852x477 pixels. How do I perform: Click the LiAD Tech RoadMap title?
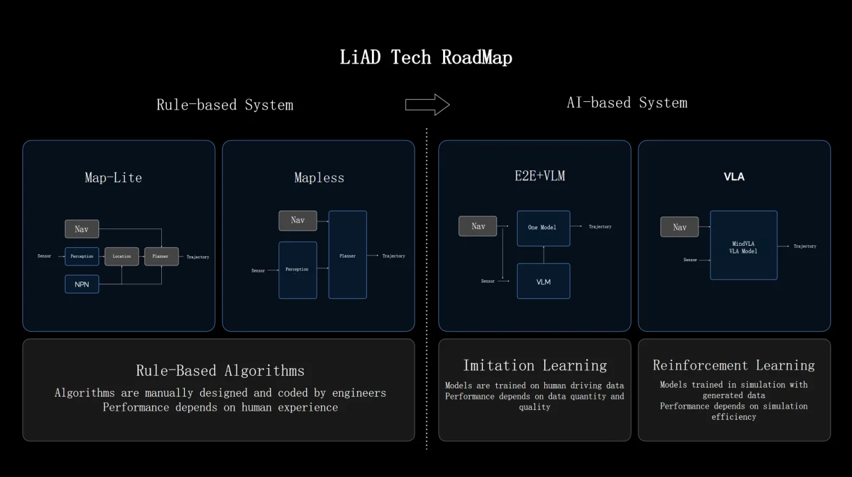click(426, 57)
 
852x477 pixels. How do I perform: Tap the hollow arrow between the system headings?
click(427, 105)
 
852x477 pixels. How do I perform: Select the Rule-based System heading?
click(225, 105)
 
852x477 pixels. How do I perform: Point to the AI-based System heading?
click(627, 103)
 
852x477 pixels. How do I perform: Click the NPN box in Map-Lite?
click(82, 284)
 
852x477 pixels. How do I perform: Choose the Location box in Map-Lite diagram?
click(122, 256)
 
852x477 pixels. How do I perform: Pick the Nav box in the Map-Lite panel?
click(82, 229)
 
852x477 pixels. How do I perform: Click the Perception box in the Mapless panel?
click(297, 270)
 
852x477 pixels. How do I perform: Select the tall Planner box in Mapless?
click(347, 255)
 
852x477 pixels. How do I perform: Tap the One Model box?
click(543, 228)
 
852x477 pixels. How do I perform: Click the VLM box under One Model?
click(543, 281)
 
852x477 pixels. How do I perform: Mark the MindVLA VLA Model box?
click(743, 246)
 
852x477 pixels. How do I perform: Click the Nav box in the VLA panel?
click(679, 227)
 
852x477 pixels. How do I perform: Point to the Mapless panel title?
click(319, 178)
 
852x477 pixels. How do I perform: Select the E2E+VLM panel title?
click(535, 177)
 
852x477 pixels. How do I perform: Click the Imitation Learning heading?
click(535, 365)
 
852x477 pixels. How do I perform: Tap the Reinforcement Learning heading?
click(733, 365)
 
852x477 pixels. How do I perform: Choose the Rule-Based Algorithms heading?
click(220, 370)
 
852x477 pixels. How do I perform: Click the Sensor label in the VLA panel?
click(690, 260)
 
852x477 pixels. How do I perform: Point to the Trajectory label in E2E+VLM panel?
click(599, 227)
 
